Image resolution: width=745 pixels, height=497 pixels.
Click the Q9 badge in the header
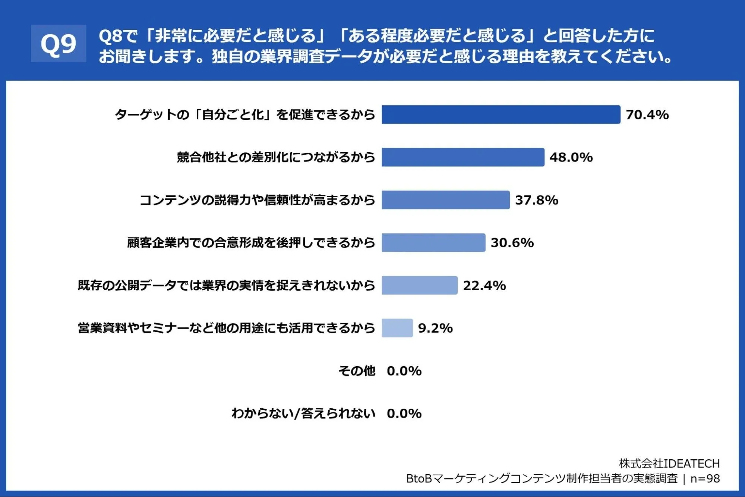point(59,44)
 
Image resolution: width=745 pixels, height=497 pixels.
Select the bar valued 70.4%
point(501,114)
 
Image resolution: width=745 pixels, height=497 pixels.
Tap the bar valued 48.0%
point(463,157)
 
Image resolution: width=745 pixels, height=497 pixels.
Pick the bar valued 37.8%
point(446,200)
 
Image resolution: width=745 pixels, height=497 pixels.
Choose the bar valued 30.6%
point(433,243)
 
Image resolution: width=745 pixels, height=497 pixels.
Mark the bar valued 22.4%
point(420,285)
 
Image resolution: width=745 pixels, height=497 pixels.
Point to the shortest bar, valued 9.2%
point(397,328)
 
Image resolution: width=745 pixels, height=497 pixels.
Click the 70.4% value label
point(647,115)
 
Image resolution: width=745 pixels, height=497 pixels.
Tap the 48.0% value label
point(571,157)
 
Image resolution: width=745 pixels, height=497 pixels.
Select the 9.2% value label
point(435,328)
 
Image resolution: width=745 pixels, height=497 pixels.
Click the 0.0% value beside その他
point(404,371)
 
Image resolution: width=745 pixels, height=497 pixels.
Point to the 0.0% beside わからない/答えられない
point(404,413)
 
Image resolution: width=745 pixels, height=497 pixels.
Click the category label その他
point(357,371)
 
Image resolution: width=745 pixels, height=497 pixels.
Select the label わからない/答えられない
point(303,413)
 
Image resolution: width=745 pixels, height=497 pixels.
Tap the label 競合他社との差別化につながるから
point(276,157)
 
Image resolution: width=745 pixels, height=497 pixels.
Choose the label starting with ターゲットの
point(245,114)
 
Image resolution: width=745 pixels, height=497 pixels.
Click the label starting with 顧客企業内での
point(251,243)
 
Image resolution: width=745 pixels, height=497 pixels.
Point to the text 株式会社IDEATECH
point(669,463)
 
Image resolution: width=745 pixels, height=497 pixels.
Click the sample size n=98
point(705,479)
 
